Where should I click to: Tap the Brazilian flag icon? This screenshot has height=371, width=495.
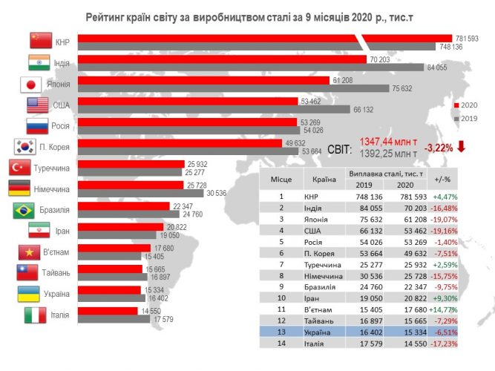click(x=23, y=210)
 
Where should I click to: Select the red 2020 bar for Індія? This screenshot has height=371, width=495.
click(x=222, y=59)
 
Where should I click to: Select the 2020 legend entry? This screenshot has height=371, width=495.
click(x=468, y=105)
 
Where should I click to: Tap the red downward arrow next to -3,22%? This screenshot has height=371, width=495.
click(x=461, y=145)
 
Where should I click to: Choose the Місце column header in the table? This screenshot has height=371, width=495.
click(x=281, y=179)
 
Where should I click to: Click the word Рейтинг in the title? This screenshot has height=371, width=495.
click(x=111, y=16)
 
